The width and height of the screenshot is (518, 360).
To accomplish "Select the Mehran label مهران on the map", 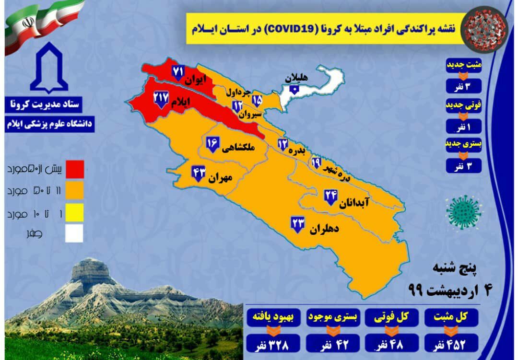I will (x=220, y=178).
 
